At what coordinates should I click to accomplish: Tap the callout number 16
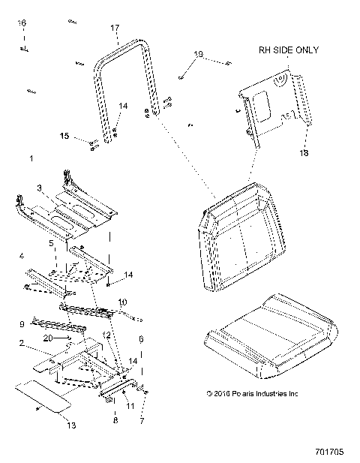coord(22,24)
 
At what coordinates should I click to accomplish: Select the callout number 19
coord(198,54)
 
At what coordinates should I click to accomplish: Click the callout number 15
coord(64,136)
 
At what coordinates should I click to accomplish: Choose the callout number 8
coord(115,421)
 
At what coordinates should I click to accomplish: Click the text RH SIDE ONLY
coord(288,50)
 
